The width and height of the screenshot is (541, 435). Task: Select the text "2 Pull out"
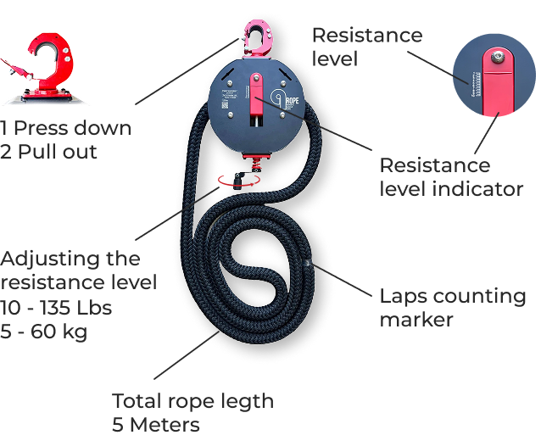coord(49,152)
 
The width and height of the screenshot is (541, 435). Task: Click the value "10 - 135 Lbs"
coord(56,306)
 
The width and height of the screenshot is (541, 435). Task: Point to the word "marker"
coord(416,320)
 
